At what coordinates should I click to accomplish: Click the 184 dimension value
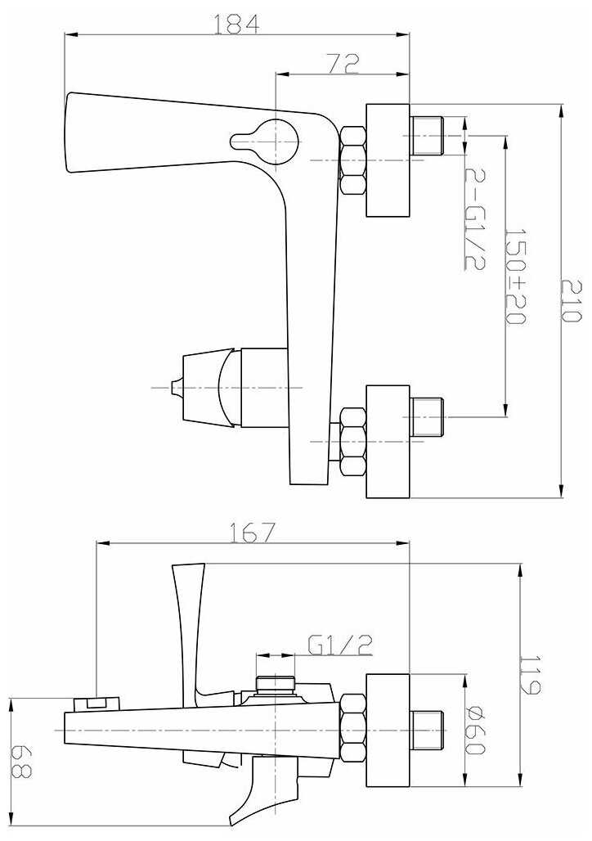click(236, 25)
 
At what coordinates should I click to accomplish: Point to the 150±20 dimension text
click(515, 277)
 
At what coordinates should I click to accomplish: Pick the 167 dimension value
click(252, 533)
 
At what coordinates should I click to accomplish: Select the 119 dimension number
click(531, 673)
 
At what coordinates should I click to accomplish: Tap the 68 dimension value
click(22, 761)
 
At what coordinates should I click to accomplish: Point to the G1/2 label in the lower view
click(340, 645)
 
